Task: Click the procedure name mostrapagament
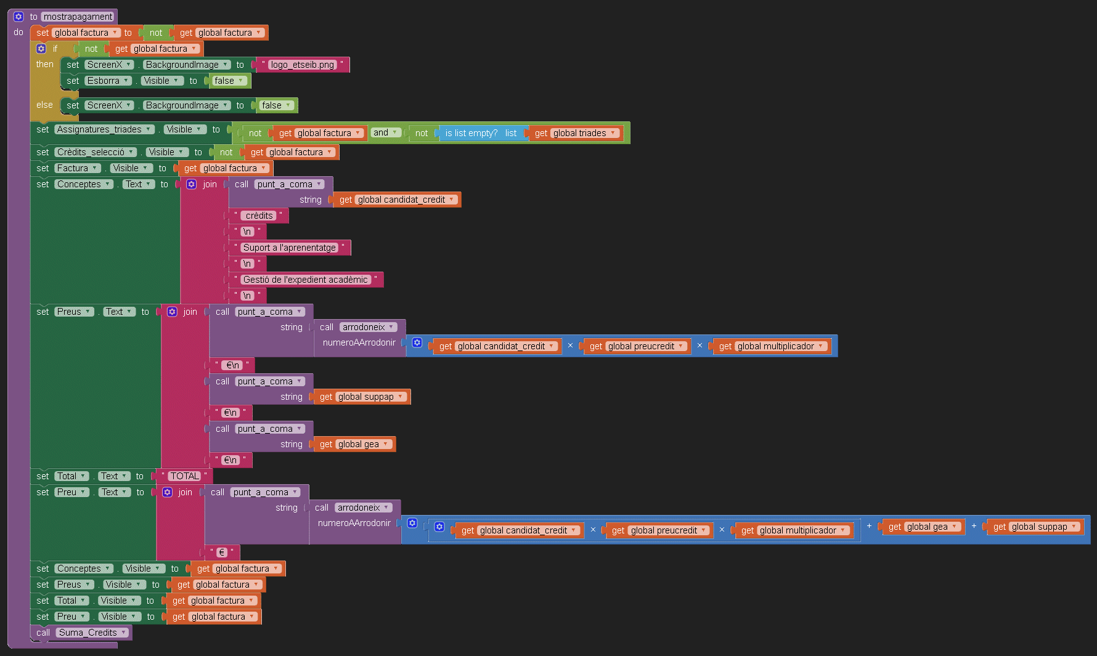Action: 78,17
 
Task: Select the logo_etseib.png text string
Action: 302,65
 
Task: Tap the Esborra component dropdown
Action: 108,81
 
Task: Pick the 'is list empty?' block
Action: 471,133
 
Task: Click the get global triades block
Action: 575,133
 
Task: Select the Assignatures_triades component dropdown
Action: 104,129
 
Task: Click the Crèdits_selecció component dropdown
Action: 96,152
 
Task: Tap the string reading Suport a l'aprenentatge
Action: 289,248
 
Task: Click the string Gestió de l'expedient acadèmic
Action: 305,280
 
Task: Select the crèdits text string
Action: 259,216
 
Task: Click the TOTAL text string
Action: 184,476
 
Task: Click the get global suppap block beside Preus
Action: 362,397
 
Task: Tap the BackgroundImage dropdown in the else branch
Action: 187,105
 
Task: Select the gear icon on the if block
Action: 41,49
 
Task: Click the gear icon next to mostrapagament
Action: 18,17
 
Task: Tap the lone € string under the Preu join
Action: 222,553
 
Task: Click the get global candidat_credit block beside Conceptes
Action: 397,200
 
